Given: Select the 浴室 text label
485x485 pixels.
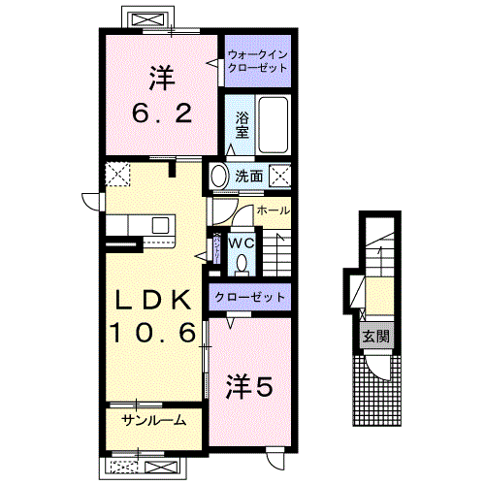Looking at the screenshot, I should point(243,123).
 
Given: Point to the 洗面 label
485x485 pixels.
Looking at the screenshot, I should point(249,177).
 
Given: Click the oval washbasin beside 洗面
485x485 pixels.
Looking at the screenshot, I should point(219,176).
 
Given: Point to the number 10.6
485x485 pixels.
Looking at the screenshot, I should point(151,332).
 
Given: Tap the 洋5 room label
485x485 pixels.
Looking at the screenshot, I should point(249,384).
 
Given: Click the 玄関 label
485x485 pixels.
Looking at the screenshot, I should point(373,338).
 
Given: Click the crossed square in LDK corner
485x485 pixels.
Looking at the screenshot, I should point(118,175).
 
